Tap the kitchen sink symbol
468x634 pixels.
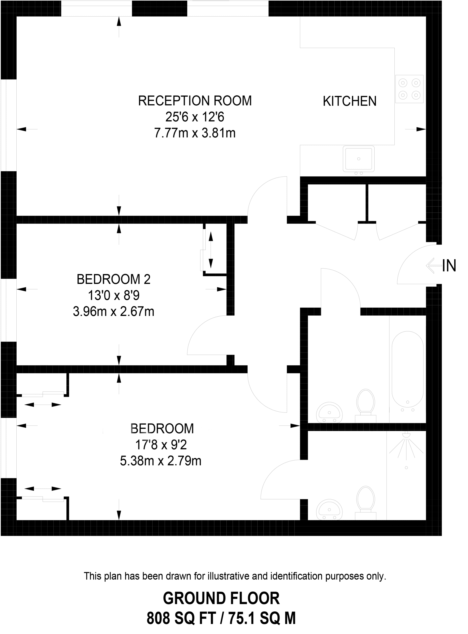pos(358,159)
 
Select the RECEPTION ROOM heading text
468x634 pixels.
pos(195,101)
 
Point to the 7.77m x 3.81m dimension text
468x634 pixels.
pos(195,133)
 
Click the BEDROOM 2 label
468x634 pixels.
pos(113,280)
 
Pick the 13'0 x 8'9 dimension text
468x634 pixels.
pos(113,296)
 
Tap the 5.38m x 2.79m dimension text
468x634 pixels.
pos(160,461)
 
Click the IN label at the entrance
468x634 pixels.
pos(449,266)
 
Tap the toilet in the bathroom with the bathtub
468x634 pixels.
pos(366,404)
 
